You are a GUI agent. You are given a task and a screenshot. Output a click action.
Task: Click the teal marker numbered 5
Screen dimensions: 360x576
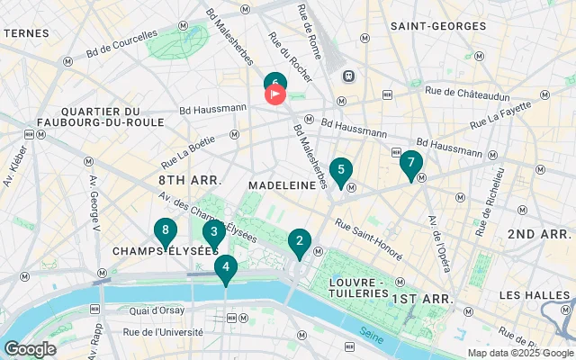pyautogui.click(x=340, y=170)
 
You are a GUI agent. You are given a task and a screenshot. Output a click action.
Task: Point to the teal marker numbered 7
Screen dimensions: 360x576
pyautogui.click(x=411, y=164)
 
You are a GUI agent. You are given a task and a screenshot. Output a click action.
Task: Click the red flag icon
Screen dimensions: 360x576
pyautogui.click(x=276, y=94)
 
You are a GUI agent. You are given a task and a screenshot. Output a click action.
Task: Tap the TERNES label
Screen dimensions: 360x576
pyautogui.click(x=26, y=32)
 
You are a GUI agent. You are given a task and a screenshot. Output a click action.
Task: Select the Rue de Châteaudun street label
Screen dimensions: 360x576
pyautogui.click(x=469, y=90)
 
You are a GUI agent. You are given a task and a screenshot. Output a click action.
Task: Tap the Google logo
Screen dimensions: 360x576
pyautogui.click(x=31, y=349)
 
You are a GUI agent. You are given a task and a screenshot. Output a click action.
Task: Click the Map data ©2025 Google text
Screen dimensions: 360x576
pyautogui.click(x=518, y=353)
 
